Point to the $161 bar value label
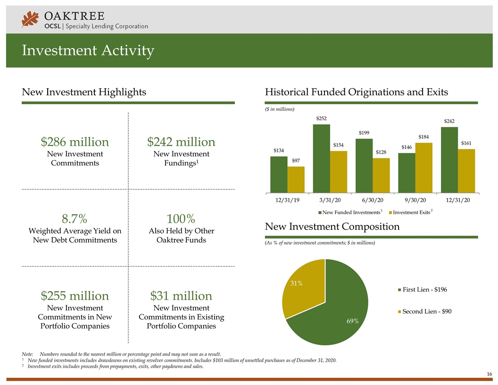(x=466, y=143)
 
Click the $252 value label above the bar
(x=321, y=118)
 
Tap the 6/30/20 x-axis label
(x=372, y=200)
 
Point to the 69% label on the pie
(x=352, y=321)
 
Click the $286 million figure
(x=75, y=142)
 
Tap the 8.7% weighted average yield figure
(x=75, y=218)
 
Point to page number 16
(x=490, y=374)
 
